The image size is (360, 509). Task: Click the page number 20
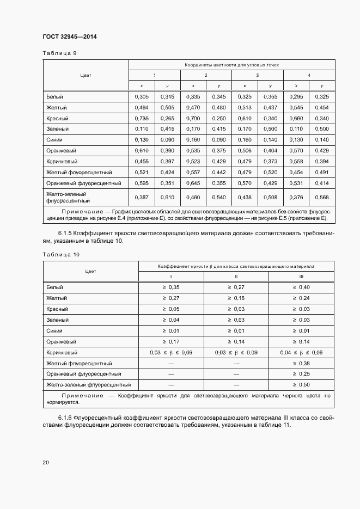click(46, 462)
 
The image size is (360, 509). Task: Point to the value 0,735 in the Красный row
click(142, 118)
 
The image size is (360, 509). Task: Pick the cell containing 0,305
click(142, 96)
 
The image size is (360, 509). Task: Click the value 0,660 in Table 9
click(296, 118)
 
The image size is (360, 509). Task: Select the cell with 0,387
click(142, 197)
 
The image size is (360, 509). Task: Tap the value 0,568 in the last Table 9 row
click(322, 197)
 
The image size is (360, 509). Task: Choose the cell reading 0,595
click(142, 183)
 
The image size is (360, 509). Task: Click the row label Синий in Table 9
click(54, 139)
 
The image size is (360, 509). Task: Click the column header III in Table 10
click(301, 277)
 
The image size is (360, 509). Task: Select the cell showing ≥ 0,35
click(171, 287)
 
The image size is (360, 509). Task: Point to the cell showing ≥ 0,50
click(301, 385)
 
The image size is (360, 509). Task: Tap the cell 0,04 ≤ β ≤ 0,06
click(301, 352)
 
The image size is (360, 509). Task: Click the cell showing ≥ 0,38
click(301, 363)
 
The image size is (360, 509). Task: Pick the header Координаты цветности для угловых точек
click(231, 65)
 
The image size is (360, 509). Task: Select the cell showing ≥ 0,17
click(171, 341)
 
